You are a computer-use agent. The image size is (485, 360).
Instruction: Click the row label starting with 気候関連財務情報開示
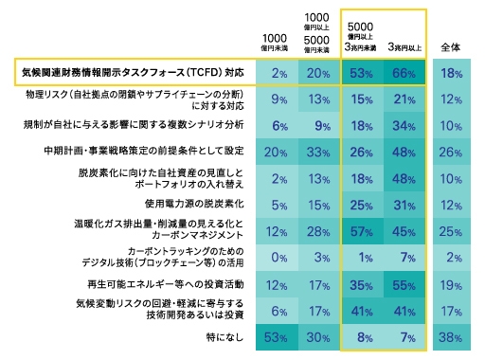pos(133,73)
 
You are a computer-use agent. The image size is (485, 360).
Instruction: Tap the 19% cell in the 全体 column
pos(453,282)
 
